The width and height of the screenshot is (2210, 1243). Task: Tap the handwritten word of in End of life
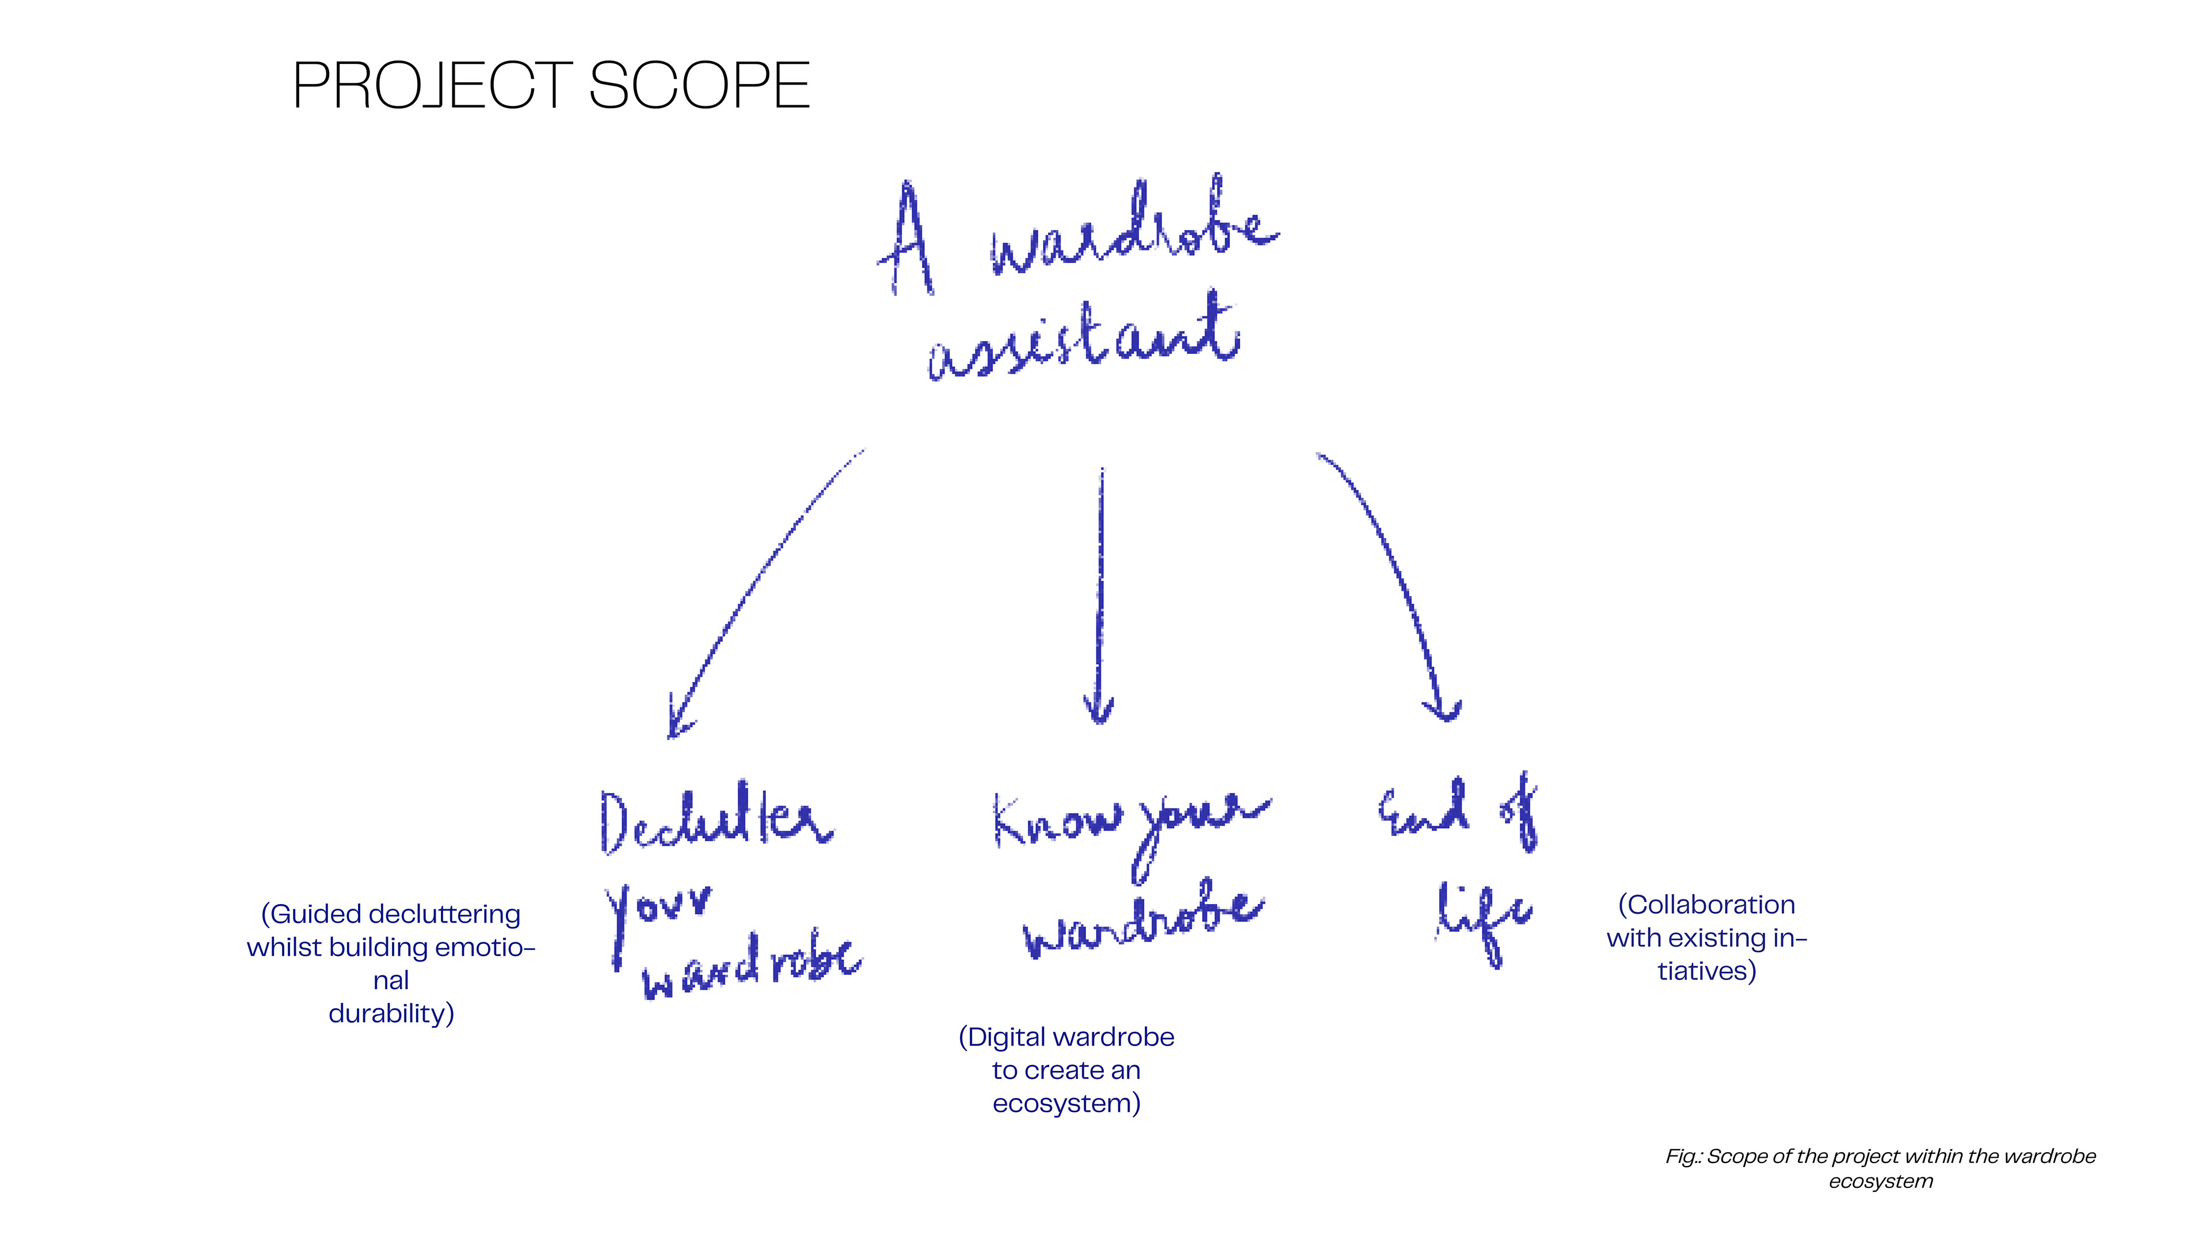[x=1520, y=811]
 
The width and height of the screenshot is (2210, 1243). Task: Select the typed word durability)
[x=391, y=1014]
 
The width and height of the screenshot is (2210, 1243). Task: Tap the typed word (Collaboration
[x=1705, y=905]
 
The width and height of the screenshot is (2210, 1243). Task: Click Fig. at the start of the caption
[x=1682, y=1156]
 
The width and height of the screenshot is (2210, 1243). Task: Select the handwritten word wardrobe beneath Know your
[x=1144, y=923]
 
